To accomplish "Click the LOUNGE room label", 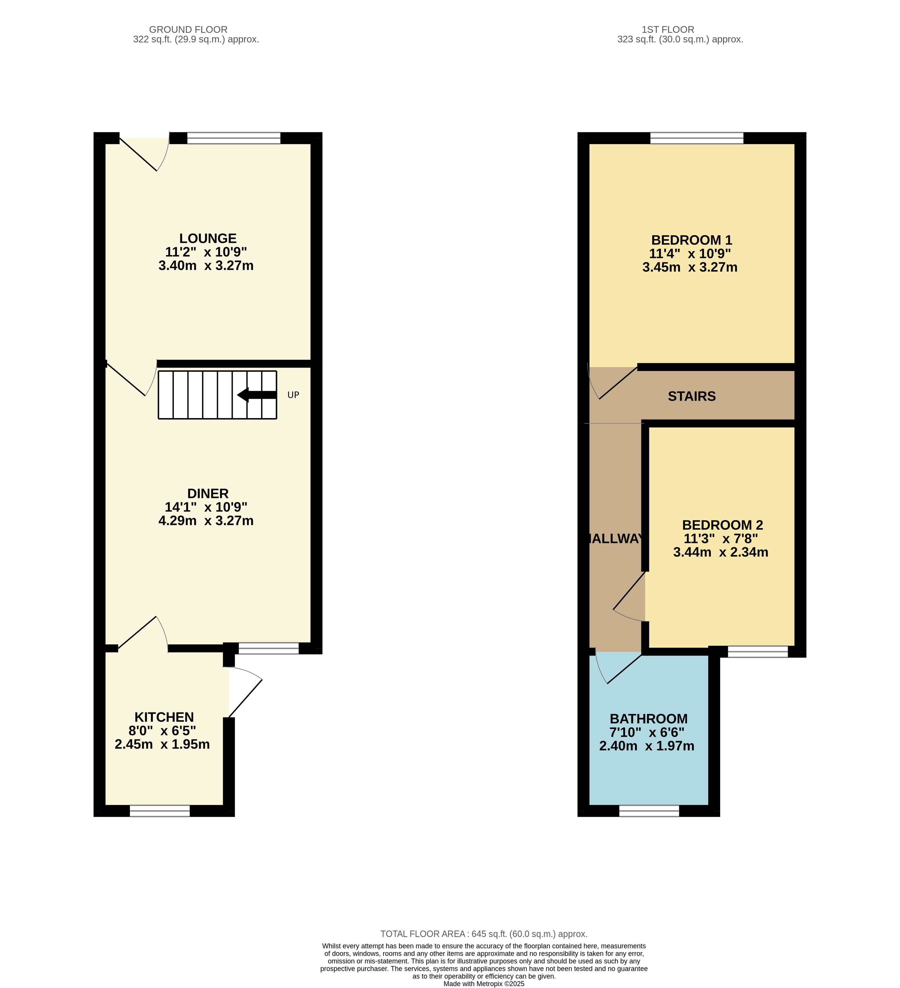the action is coord(208,238).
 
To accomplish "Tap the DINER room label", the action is coord(208,493).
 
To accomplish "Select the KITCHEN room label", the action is coord(164,717).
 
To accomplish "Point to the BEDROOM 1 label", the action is coord(691,240).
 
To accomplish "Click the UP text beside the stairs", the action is coord(293,395).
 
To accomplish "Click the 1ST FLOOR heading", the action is coord(668,29).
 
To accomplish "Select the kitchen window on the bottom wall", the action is coord(160,811).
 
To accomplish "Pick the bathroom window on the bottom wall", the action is coord(649,811).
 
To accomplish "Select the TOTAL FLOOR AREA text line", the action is coord(484,934).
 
